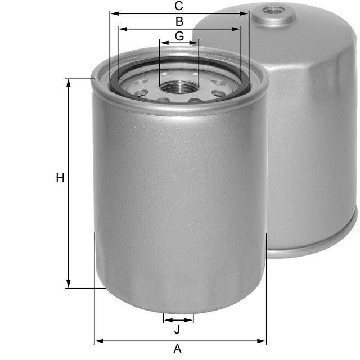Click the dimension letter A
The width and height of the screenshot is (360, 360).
(178, 349)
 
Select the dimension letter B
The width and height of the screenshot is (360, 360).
(179, 22)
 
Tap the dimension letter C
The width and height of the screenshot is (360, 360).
(179, 6)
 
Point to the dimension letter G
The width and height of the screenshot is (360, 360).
(179, 36)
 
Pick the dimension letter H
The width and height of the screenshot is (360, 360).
(60, 178)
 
